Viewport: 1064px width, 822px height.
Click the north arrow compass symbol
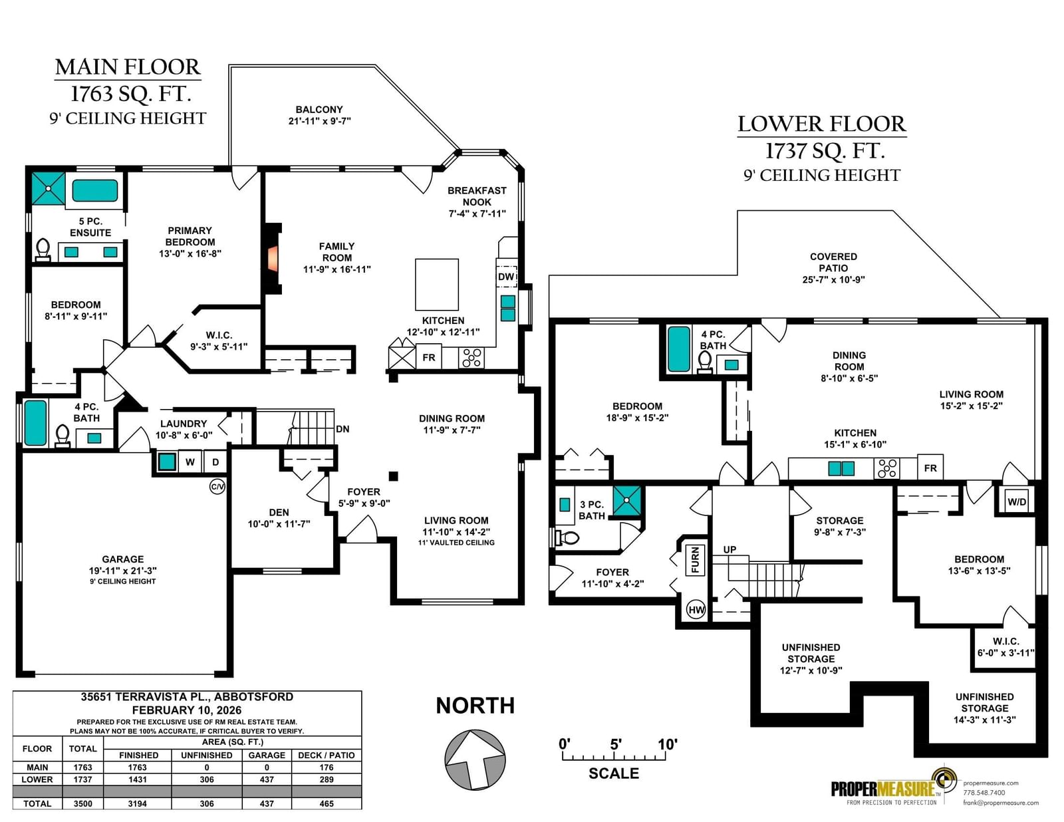tap(474, 759)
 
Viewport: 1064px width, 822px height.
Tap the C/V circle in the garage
tap(217, 487)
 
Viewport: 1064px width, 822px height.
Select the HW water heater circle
tap(696, 610)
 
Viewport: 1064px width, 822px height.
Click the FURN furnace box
tap(695, 560)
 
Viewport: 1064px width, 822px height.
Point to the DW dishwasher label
tap(506, 277)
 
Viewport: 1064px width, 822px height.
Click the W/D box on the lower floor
tap(1017, 502)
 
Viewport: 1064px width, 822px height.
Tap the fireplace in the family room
tap(273, 259)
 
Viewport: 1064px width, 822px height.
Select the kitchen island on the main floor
tap(437, 285)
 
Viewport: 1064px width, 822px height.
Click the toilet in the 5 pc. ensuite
tap(43, 249)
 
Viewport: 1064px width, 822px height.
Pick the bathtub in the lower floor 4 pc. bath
tap(679, 349)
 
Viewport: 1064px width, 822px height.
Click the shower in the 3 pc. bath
tap(626, 500)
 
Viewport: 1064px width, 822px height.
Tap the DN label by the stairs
tap(342, 429)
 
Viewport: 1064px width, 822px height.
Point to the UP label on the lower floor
tap(730, 549)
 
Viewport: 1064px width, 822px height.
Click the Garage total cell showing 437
tap(267, 803)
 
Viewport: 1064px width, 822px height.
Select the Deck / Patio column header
tap(326, 755)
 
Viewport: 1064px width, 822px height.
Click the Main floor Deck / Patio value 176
tap(326, 767)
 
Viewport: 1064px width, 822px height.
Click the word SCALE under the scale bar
tap(614, 773)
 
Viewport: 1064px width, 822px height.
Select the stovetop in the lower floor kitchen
tap(886, 468)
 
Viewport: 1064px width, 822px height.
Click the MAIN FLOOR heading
tap(127, 67)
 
